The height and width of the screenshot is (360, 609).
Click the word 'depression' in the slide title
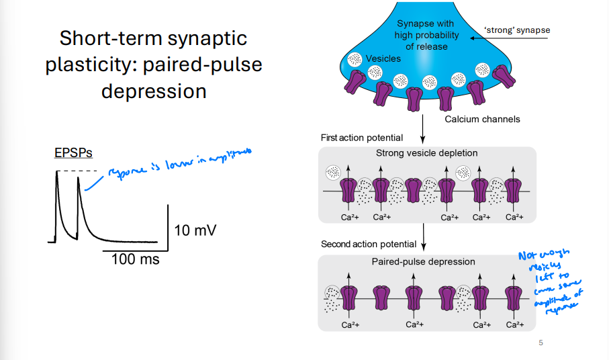pos(154,90)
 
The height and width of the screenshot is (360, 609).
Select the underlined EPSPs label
pos(73,153)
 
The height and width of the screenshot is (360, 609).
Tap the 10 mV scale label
pos(195,230)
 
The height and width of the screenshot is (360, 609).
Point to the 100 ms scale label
pos(135,259)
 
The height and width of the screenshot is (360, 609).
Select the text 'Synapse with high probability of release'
pos(428,36)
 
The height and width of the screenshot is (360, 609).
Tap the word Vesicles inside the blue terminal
pos(383,58)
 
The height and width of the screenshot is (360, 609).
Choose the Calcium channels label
pos(482,120)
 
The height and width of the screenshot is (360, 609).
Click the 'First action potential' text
pos(362,138)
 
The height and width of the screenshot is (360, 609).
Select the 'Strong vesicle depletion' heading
pos(428,153)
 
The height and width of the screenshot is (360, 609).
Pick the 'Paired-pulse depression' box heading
pos(428,261)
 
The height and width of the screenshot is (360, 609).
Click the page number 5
pos(541,344)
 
